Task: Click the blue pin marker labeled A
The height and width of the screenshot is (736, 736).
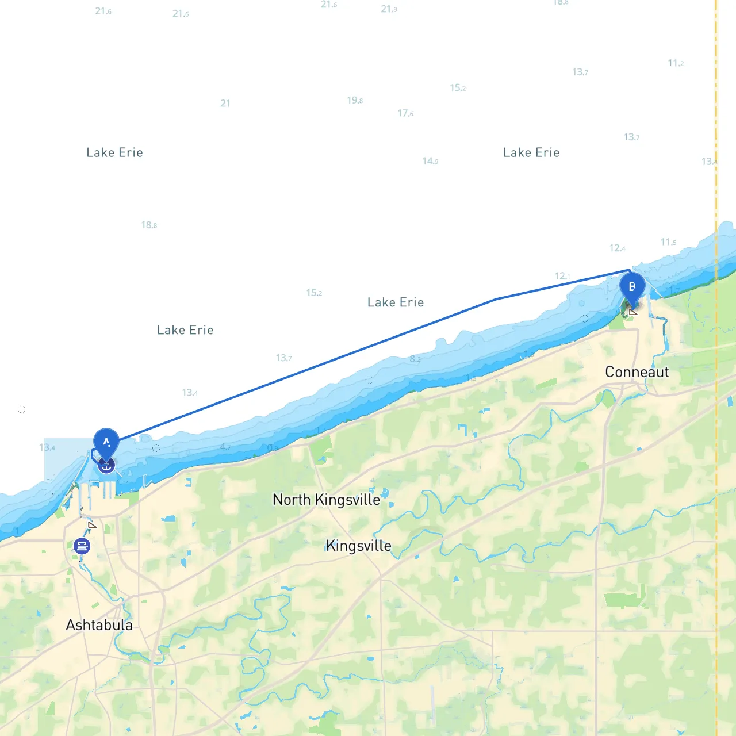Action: tap(106, 443)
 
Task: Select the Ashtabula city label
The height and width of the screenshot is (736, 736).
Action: tap(99, 625)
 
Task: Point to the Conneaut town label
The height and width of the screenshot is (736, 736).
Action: tap(637, 372)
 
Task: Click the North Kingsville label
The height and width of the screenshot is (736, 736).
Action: tap(326, 500)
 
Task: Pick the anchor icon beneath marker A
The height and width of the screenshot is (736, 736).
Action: tap(106, 465)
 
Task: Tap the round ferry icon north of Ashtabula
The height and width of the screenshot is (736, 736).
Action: tap(82, 546)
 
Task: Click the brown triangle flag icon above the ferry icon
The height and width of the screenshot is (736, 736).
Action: tap(92, 524)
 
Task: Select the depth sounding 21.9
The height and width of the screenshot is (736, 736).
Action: tap(389, 9)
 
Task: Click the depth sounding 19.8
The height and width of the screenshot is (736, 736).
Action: tap(354, 101)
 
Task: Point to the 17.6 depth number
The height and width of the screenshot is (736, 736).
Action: tap(405, 113)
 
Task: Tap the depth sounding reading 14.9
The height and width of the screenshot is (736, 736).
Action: tap(430, 161)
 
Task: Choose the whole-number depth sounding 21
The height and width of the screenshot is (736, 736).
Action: tap(225, 103)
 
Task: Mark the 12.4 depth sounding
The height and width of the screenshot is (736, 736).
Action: tap(617, 248)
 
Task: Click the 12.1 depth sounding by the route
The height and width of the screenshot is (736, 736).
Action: tap(562, 276)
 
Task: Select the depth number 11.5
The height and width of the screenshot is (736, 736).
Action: tap(668, 242)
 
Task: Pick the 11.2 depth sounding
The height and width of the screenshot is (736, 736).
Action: tap(676, 63)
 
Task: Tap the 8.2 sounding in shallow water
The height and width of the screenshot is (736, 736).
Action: tap(415, 359)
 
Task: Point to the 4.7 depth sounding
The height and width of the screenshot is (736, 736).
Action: tap(225, 447)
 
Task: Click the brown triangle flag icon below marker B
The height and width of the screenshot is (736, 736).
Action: tap(633, 312)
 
